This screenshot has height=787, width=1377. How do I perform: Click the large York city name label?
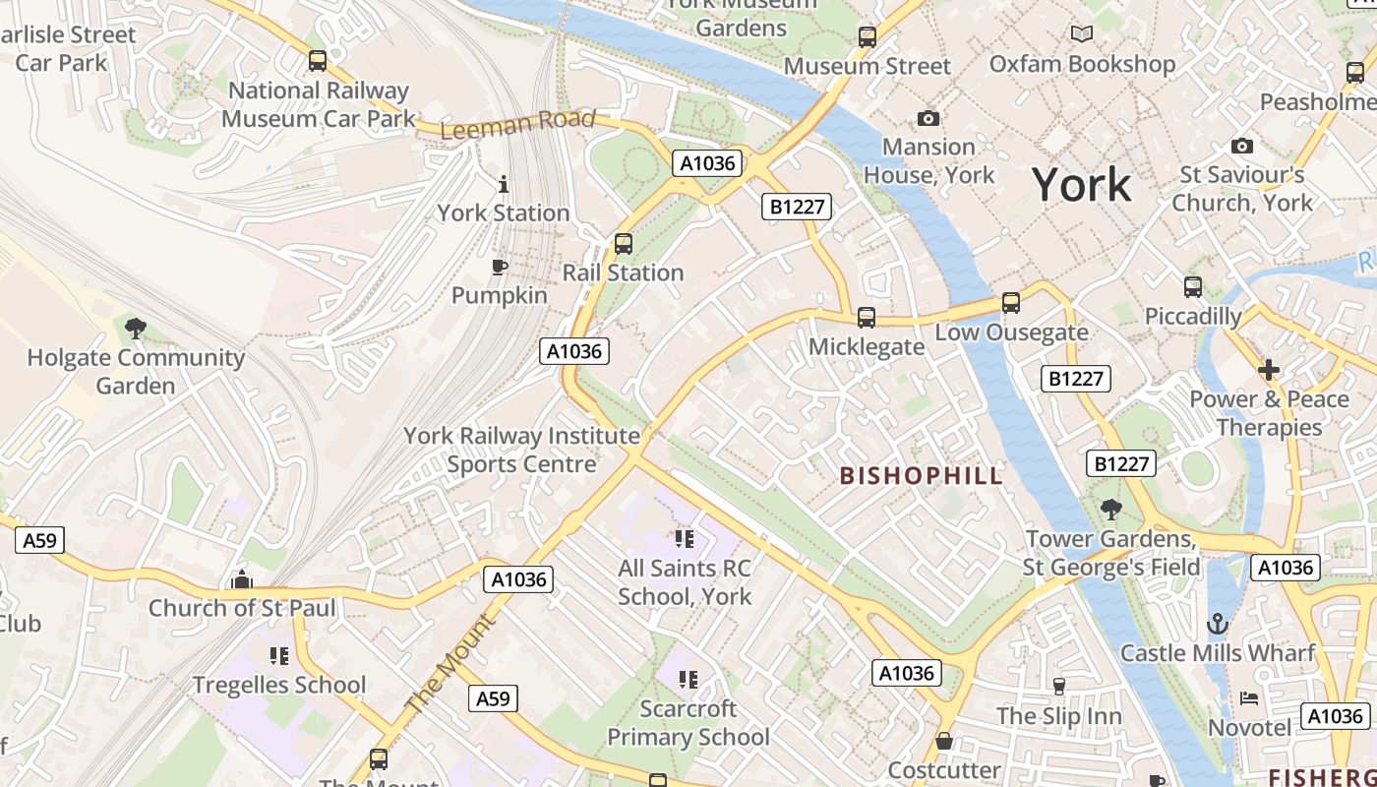point(1081,185)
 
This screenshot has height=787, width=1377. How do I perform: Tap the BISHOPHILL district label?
point(921,476)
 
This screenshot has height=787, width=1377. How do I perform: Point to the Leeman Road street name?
point(517,124)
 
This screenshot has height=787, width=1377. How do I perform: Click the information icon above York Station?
point(504,184)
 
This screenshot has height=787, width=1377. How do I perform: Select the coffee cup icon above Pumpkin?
point(500,267)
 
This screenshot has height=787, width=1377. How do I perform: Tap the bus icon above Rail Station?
point(623,244)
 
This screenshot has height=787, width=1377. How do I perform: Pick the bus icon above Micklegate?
point(866,318)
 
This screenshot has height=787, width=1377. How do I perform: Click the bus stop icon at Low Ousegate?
point(1011,303)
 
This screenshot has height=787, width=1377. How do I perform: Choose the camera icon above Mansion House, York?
point(928,118)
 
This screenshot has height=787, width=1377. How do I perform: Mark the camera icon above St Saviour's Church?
point(1242,146)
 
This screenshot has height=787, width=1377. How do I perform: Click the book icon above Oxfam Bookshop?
point(1082,34)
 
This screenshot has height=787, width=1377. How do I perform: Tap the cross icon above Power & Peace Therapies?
point(1269,370)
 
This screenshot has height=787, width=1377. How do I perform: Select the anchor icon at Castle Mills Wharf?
point(1218,624)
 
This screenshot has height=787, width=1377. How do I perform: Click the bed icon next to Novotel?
point(1248,698)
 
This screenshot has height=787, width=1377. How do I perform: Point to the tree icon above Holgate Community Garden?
point(136,328)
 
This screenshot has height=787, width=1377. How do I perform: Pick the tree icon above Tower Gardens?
point(1111,509)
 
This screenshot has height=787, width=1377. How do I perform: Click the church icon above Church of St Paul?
point(242,579)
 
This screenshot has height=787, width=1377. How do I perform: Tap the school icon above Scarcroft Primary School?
point(688,679)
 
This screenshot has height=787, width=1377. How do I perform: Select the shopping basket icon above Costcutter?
point(944,741)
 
